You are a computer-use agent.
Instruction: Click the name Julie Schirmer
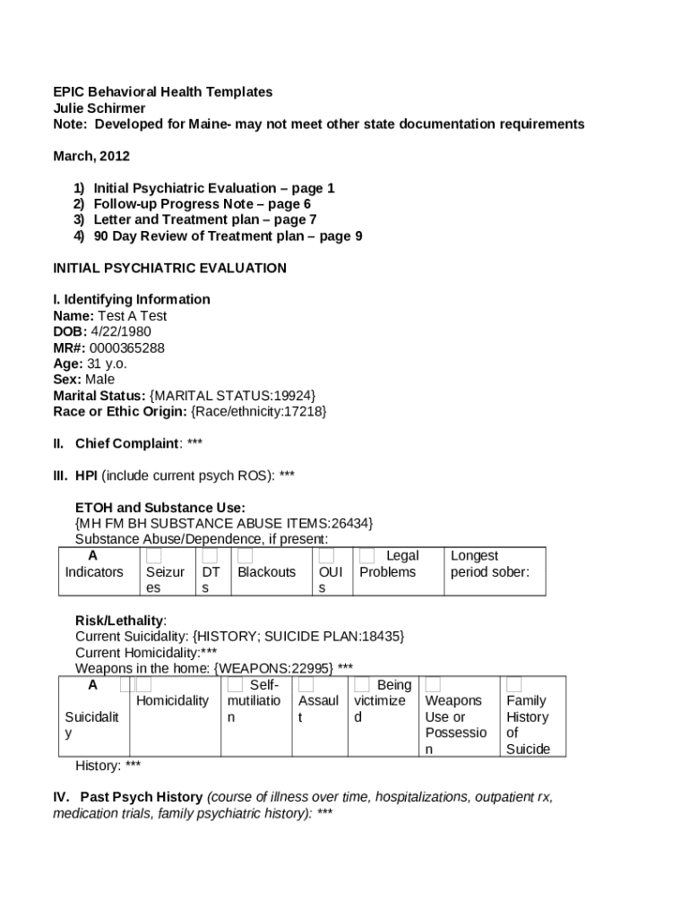(x=99, y=108)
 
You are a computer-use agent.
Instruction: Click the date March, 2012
(x=91, y=156)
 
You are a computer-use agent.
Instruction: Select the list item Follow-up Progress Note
(x=202, y=203)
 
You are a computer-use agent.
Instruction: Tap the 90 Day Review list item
(x=228, y=236)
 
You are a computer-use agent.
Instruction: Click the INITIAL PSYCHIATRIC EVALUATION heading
(x=170, y=268)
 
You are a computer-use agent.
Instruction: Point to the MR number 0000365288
(x=126, y=347)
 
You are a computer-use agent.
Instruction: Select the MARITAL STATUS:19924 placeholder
(x=232, y=395)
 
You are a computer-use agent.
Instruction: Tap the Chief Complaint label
(x=128, y=442)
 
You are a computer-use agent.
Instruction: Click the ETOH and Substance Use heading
(x=160, y=507)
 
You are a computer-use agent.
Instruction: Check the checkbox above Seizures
(x=154, y=556)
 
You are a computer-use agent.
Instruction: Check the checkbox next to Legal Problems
(x=367, y=556)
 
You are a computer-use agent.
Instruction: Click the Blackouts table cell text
(x=266, y=571)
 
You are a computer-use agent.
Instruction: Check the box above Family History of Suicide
(x=514, y=685)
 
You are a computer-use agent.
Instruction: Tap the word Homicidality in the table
(x=172, y=700)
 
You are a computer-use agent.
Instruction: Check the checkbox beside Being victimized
(x=362, y=685)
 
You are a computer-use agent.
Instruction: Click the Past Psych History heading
(x=142, y=796)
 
